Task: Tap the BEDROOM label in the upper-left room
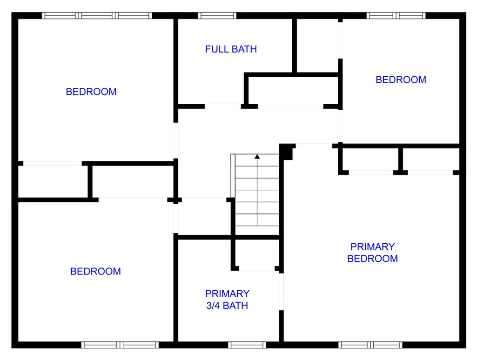pos(91,92)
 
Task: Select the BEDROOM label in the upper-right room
pos(401,80)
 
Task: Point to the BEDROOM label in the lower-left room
pos(95,271)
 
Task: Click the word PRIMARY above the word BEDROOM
pos(373,247)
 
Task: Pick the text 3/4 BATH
pos(227,305)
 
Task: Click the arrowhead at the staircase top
pos(257,156)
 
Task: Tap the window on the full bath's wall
pos(217,15)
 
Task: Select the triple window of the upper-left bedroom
pos(97,15)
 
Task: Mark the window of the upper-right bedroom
pos(396,15)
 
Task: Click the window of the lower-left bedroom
pos(120,345)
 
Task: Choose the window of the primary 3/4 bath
pos(247,345)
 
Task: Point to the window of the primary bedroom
pos(370,345)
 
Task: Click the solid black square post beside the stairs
pos(286,152)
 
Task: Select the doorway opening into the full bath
pos(223,107)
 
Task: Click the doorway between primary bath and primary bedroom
pos(282,292)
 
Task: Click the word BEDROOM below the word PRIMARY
pos(373,259)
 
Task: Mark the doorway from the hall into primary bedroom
pos(314,146)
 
